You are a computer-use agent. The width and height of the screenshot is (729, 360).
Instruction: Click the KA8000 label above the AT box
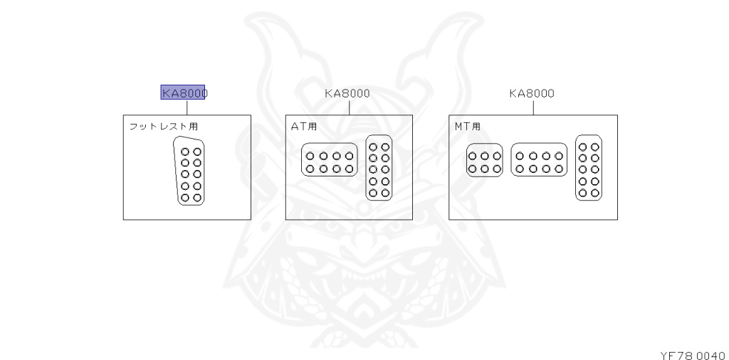coord(347,93)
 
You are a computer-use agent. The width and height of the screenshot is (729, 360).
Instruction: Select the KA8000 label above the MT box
coord(532,93)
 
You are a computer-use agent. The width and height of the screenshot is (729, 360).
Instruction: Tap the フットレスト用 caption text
coord(163,127)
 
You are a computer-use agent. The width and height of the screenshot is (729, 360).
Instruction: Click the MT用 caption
coord(468,127)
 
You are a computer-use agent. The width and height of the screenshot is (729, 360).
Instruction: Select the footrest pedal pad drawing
coord(190,171)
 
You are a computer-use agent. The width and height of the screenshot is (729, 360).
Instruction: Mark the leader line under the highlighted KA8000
coord(187,107)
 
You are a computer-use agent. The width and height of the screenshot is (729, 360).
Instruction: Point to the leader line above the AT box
coord(350,107)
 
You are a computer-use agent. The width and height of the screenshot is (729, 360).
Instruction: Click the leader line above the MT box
coord(533,107)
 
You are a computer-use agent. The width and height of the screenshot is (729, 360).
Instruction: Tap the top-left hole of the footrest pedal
coord(185,152)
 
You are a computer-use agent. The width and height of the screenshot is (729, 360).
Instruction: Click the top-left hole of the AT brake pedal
coord(311,155)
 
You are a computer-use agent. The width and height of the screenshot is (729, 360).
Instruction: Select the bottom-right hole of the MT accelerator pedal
coord(594,192)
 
